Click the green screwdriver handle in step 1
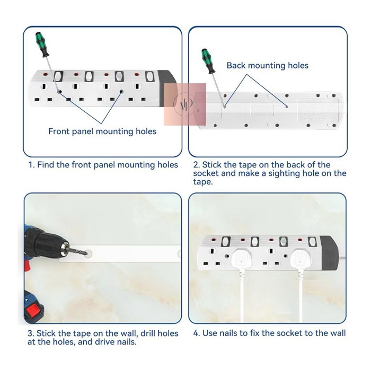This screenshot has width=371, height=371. (42, 45)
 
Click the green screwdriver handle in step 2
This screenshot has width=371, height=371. (208, 61)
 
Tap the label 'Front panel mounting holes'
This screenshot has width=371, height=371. (102, 131)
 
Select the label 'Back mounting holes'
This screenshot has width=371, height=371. (267, 66)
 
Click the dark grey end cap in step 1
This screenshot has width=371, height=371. (167, 88)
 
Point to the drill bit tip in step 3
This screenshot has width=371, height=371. (86, 253)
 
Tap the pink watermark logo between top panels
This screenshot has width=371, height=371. (185, 104)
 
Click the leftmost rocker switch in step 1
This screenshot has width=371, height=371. (58, 76)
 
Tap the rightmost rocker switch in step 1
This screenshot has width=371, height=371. (149, 76)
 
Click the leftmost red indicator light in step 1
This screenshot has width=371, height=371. (46, 75)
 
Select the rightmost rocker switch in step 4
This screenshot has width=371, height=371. (313, 242)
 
